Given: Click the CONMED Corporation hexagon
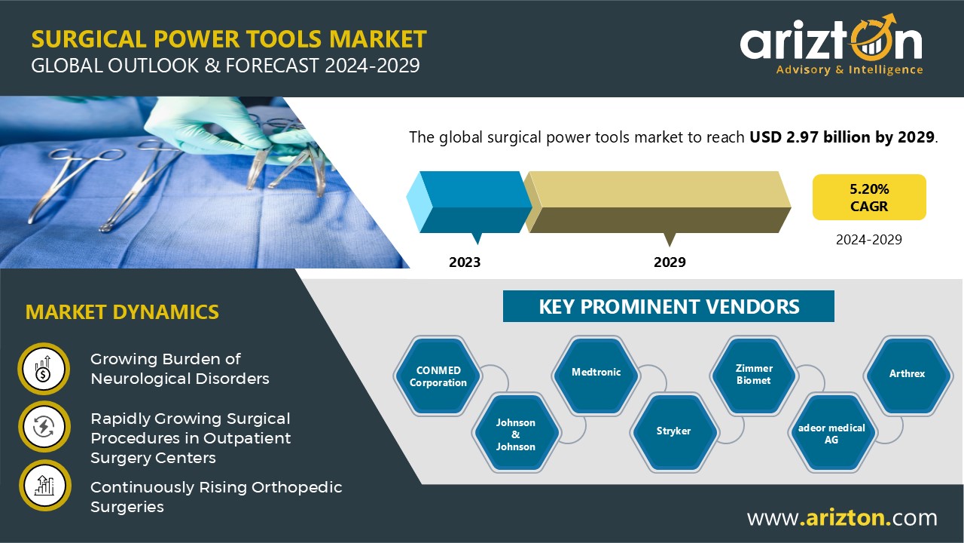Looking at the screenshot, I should click(x=438, y=376).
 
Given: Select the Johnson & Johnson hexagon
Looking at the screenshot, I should click(x=516, y=434).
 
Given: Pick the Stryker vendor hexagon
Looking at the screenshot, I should click(x=673, y=431).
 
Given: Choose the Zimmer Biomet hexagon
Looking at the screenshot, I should click(x=754, y=374).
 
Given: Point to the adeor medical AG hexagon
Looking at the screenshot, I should click(x=831, y=433).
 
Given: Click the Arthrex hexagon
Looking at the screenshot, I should click(x=907, y=373).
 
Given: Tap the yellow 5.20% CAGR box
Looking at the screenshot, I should click(x=869, y=198).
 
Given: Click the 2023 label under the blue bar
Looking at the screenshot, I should click(x=465, y=262).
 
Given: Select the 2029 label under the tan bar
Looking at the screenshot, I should click(x=670, y=262).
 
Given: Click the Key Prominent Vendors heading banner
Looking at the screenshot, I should click(x=669, y=306).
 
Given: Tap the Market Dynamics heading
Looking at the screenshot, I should click(x=122, y=311).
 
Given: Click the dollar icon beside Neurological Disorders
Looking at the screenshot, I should click(x=44, y=369).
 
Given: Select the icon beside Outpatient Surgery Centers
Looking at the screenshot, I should click(x=44, y=427).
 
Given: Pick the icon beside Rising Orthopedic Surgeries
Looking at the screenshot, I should click(x=44, y=486).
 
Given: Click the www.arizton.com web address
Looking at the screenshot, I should click(x=842, y=518).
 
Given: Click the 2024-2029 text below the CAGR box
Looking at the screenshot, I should click(x=869, y=240).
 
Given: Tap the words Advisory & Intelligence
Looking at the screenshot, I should click(x=849, y=70).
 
